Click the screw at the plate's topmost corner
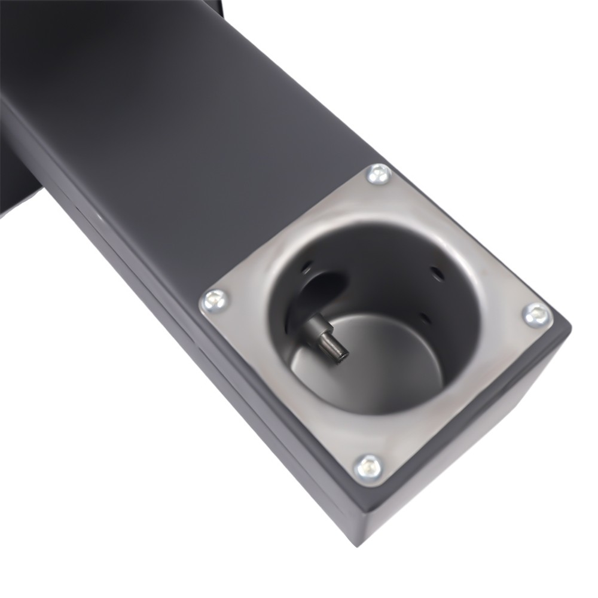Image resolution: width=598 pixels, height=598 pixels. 379,174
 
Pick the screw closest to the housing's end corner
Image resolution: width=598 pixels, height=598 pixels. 369,466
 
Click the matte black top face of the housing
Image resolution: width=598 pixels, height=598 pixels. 179,120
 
